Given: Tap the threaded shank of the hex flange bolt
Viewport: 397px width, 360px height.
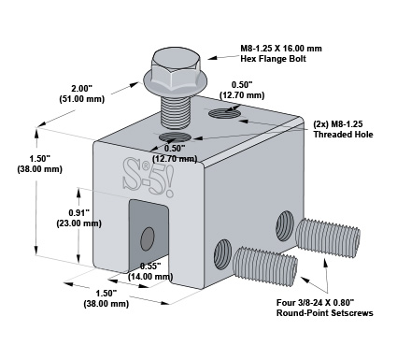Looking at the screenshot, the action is pyautogui.click(x=175, y=111).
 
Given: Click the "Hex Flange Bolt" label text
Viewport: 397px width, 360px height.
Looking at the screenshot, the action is pyautogui.click(x=273, y=59).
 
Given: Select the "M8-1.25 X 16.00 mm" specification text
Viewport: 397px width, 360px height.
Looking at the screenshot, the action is pyautogui.click(x=281, y=49).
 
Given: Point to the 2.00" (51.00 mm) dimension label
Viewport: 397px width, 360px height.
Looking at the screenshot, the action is pyautogui.click(x=81, y=94).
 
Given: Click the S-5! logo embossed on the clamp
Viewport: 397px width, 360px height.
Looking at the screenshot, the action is pyautogui.click(x=148, y=177).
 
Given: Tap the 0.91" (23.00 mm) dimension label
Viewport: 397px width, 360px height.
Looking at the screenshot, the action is pyautogui.click(x=79, y=218).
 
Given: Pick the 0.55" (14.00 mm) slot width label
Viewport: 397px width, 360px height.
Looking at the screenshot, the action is pyautogui.click(x=150, y=271).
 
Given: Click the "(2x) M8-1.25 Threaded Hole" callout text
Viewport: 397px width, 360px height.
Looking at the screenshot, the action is pyautogui.click(x=343, y=129).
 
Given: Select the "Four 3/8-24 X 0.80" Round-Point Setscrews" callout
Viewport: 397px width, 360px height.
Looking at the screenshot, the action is pyautogui.click(x=325, y=308).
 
